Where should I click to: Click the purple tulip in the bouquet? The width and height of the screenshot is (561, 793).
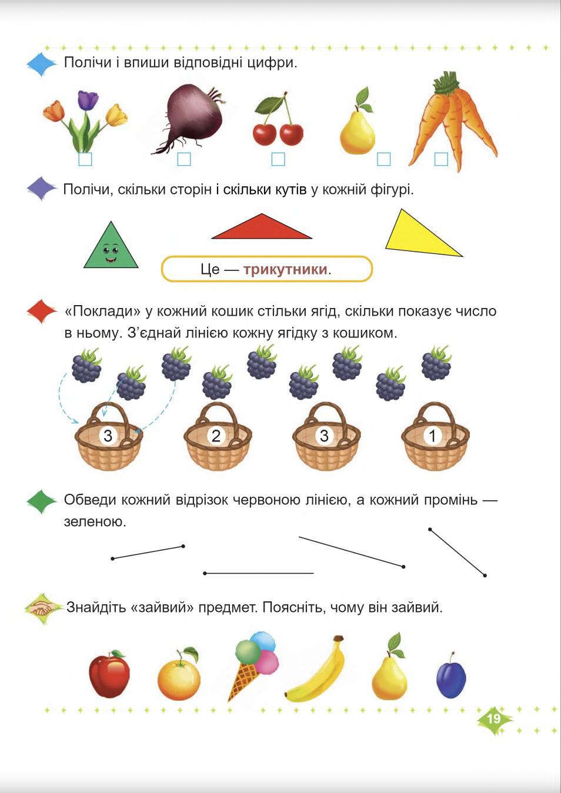(88, 101)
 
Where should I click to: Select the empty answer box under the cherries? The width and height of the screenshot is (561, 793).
(278, 159)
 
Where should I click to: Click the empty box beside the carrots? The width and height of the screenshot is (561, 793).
(440, 159)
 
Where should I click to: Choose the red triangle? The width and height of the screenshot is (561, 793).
(261, 228)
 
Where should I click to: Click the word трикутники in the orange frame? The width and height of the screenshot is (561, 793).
(285, 270)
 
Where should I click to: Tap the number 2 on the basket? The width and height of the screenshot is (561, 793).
(216, 436)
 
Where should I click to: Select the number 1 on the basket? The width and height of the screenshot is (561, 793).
(433, 436)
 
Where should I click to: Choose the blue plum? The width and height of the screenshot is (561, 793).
(451, 678)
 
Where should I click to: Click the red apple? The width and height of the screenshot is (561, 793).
(109, 674)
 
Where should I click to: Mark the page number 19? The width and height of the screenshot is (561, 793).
(493, 718)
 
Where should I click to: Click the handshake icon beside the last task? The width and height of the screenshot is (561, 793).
(41, 607)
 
